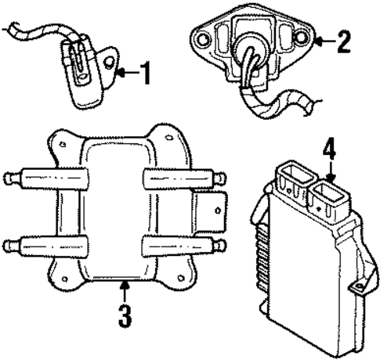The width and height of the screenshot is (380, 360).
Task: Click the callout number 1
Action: click(144, 74)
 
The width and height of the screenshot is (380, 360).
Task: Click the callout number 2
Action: click(342, 41)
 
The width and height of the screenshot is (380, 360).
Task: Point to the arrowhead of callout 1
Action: click(117, 74)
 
